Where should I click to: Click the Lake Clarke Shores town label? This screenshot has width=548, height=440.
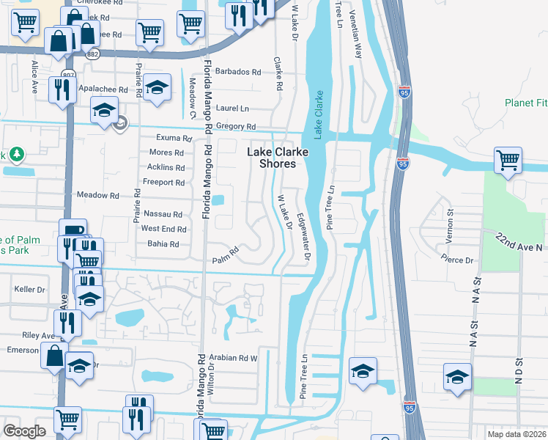(x=277, y=158)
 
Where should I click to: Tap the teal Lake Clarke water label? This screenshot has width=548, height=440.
(x=319, y=114)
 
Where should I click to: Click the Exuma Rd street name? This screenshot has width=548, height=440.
(x=174, y=138)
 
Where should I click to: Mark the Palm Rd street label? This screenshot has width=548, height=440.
(x=226, y=259)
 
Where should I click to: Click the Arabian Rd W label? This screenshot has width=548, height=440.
(x=234, y=359)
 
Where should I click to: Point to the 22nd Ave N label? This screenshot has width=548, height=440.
(x=521, y=243)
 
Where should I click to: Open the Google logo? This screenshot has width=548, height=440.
(x=24, y=431)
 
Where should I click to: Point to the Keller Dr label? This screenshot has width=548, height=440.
(x=29, y=290)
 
